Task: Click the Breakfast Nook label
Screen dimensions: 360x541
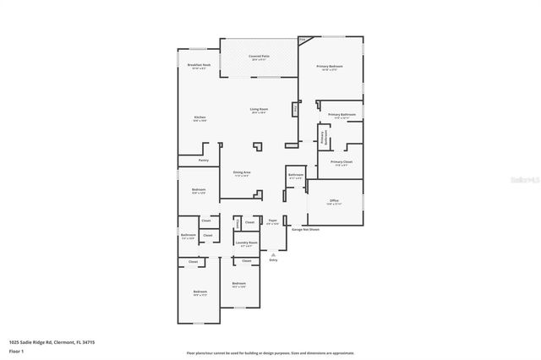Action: pyautogui.click(x=199, y=65)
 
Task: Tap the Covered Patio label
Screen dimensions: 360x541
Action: pyautogui.click(x=259, y=57)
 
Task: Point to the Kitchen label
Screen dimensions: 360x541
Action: pyautogui.click(x=199, y=118)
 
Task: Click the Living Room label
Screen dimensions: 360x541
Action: pyautogui.click(x=259, y=111)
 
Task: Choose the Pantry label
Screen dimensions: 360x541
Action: pyautogui.click(x=204, y=160)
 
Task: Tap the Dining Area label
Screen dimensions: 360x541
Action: pyautogui.click(x=242, y=173)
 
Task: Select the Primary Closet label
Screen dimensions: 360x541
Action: pyautogui.click(x=342, y=162)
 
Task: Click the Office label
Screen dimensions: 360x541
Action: pyautogui.click(x=334, y=202)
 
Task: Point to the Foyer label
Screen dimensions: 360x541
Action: pyautogui.click(x=272, y=222)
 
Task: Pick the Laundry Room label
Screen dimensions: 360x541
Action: pyautogui.click(x=247, y=243)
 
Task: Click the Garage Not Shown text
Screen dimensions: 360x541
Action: pyautogui.click(x=305, y=229)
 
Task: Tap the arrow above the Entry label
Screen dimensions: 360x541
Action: pyautogui.click(x=273, y=254)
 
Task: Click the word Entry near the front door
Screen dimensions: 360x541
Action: pyautogui.click(x=273, y=260)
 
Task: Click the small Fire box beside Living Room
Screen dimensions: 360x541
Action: pyautogui.click(x=295, y=109)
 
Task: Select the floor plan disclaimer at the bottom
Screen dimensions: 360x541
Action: pyautogui.click(x=270, y=353)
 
